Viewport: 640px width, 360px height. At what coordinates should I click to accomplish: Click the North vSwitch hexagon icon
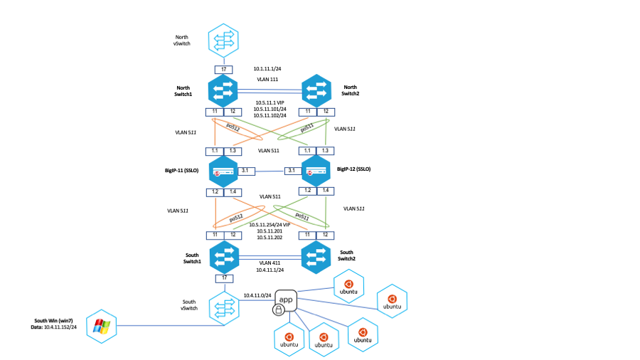[224, 41]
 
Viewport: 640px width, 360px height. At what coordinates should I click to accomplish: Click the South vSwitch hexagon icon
[224, 307]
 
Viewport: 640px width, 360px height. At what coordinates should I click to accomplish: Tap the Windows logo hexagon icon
[100, 327]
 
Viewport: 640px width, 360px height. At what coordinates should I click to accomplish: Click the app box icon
[286, 300]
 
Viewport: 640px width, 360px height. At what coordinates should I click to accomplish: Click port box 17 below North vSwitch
[224, 69]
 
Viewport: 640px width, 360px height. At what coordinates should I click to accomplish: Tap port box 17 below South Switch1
[224, 277]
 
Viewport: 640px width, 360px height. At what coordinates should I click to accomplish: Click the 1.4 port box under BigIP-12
[326, 191]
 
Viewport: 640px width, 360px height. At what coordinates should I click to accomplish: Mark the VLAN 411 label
[270, 262]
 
